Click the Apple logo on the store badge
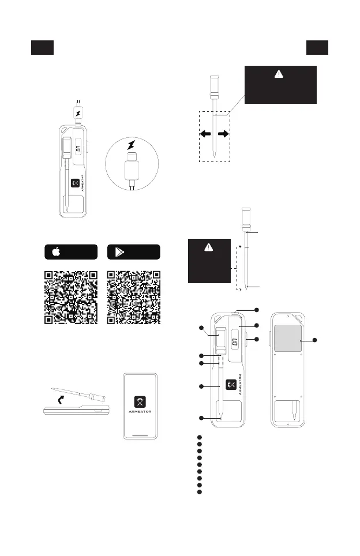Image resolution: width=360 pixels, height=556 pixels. pyautogui.click(x=57, y=252)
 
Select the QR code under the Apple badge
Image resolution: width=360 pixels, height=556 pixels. pyautogui.click(x=70, y=297)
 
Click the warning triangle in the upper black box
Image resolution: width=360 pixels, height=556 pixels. pyautogui.click(x=281, y=74)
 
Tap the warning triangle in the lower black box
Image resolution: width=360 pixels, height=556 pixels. pyautogui.click(x=209, y=247)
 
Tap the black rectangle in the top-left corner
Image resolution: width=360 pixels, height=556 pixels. pyautogui.click(x=42, y=48)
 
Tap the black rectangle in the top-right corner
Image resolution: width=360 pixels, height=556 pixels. pyautogui.click(x=317, y=48)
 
